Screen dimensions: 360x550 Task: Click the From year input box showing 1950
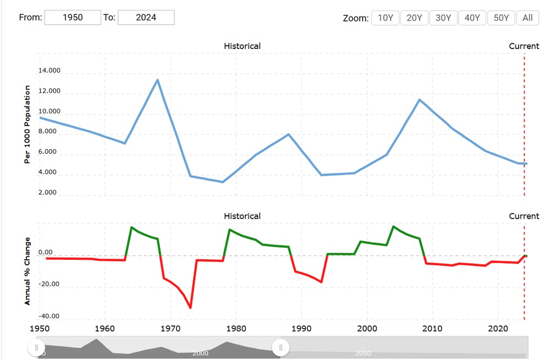[x=73, y=17]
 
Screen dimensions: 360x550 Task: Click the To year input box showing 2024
[x=146, y=17]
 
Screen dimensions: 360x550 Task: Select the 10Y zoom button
[x=385, y=18]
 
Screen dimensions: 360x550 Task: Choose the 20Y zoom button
[x=414, y=18]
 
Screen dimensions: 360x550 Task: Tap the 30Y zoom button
[x=443, y=18]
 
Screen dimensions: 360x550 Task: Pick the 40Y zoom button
[x=472, y=18]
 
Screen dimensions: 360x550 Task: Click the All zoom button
[x=527, y=18]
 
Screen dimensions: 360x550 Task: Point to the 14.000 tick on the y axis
[x=49, y=70]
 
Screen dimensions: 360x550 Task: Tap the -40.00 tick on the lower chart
[x=49, y=316]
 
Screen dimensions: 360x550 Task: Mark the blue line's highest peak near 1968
[x=158, y=80]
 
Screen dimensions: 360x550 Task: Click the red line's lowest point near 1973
[x=190, y=308]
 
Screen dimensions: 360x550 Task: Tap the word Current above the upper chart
[x=524, y=46]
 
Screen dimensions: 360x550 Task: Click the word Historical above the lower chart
[x=242, y=216]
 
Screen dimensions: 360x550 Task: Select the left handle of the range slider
[x=36, y=347]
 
